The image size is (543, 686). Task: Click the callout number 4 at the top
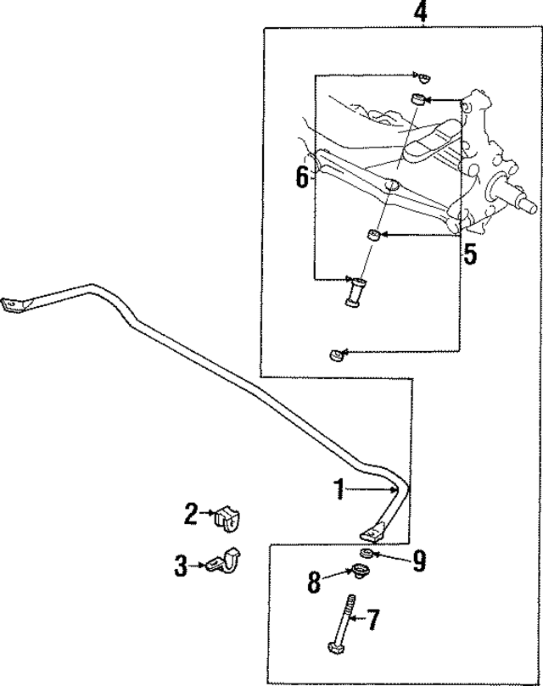point(419,13)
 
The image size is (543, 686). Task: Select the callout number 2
point(192,513)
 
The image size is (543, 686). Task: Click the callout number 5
point(469,254)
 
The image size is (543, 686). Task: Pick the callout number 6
point(302,176)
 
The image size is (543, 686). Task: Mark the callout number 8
point(314,582)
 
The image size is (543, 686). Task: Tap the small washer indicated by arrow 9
point(366,555)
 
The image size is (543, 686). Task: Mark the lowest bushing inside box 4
point(336,353)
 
